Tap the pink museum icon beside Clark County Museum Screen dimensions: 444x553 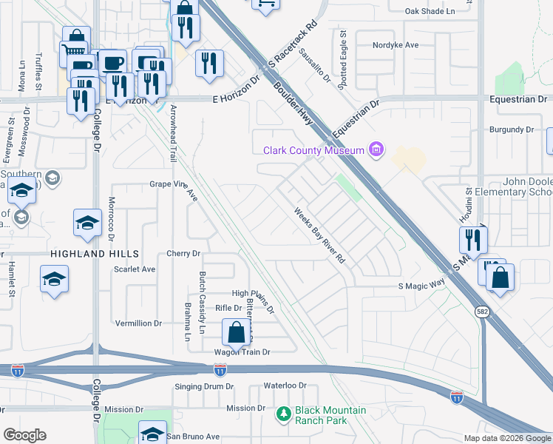(x=376, y=150)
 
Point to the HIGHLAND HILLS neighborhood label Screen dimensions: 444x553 (x=85, y=253)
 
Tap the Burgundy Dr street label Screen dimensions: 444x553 (x=512, y=129)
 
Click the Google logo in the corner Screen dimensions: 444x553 (x=24, y=435)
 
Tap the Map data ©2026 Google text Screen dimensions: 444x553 (x=506, y=438)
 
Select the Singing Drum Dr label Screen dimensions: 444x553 (x=204, y=386)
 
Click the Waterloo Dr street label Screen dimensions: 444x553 (x=285, y=386)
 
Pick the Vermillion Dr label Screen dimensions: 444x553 (x=139, y=323)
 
